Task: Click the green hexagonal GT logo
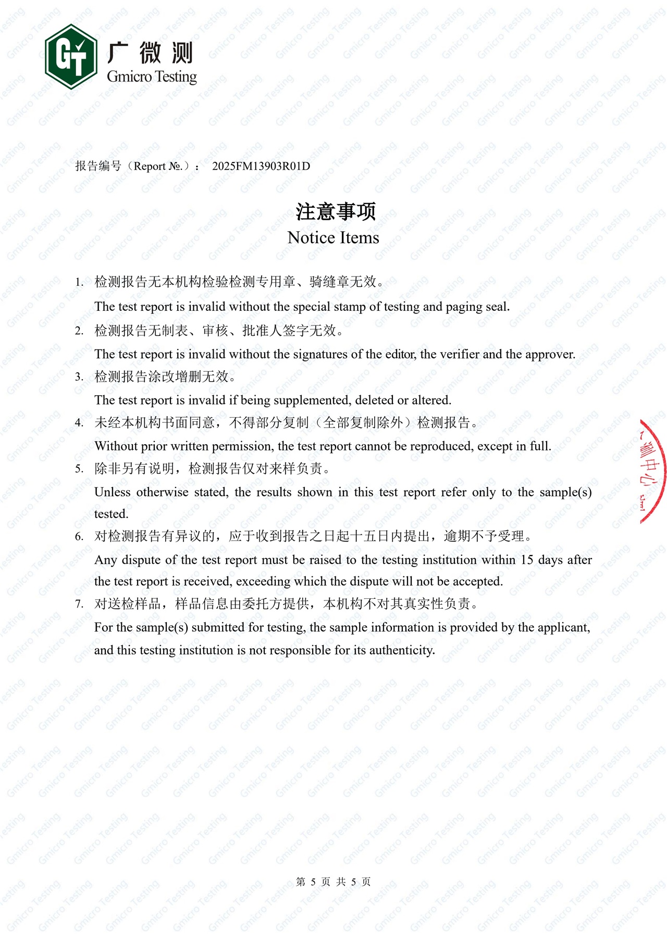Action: [71, 56]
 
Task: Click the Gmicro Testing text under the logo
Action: [152, 77]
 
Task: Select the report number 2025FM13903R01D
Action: [261, 166]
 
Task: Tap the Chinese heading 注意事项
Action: [336, 211]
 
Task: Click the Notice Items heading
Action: [333, 237]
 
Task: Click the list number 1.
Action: [79, 283]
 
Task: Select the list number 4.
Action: [79, 423]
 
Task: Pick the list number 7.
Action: [79, 604]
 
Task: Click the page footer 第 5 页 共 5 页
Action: [333, 882]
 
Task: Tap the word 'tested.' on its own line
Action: [111, 514]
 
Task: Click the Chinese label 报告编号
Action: [98, 166]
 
